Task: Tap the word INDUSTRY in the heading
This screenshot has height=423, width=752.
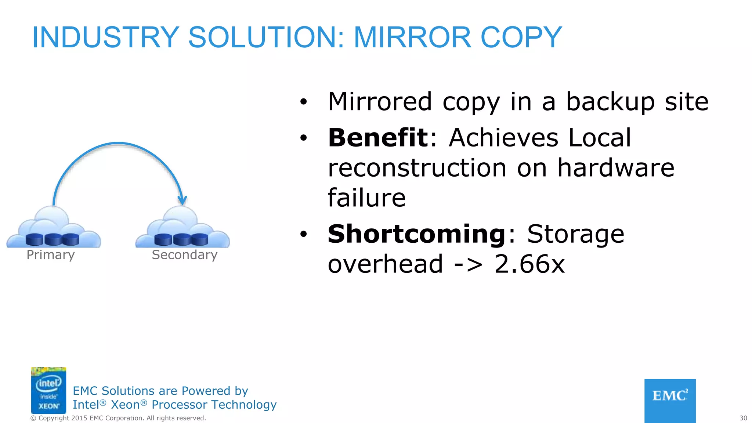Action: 105,37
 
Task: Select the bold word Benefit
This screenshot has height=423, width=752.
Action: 378,138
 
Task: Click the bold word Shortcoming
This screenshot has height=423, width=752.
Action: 417,234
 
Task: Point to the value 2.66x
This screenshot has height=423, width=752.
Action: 529,264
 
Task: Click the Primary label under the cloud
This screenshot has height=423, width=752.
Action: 51,255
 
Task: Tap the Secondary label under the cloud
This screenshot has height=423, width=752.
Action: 185,255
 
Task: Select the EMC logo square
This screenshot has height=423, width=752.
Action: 670,401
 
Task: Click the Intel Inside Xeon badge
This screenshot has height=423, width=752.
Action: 48,390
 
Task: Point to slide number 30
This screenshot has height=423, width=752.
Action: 743,418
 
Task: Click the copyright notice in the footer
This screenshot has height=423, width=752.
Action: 118,418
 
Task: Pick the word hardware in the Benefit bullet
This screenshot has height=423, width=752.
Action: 616,168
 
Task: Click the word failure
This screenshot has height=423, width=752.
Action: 366,198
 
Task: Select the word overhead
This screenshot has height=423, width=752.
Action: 386,264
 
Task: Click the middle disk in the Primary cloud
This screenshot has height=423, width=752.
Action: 53,239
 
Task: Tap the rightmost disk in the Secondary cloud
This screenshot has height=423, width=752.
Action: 200,239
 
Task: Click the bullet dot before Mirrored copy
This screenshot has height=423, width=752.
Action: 303,102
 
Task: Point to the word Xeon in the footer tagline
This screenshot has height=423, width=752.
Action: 126,405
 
